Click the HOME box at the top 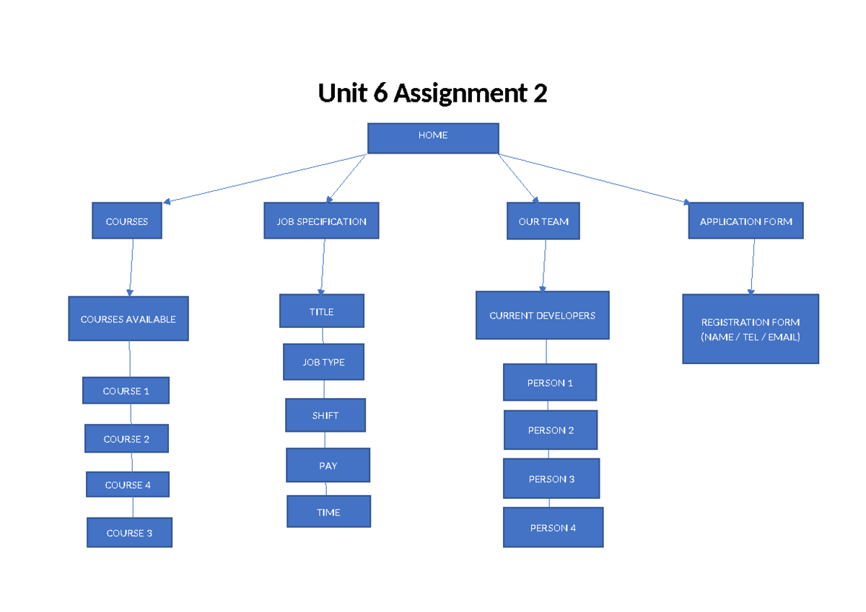point(433,138)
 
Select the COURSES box point(127,221)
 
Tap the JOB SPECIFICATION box point(321,221)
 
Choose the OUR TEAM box point(543,221)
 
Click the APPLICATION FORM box point(745,221)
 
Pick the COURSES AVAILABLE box point(128,319)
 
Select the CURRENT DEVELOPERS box point(542,315)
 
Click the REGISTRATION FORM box point(751,329)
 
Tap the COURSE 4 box point(128,484)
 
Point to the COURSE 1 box point(126,390)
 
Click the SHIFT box point(325,415)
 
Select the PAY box point(328,465)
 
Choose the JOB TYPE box point(323,362)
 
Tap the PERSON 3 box point(551,479)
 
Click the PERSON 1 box point(550,382)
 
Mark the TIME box point(328,512)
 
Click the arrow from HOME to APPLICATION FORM point(592,178)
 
